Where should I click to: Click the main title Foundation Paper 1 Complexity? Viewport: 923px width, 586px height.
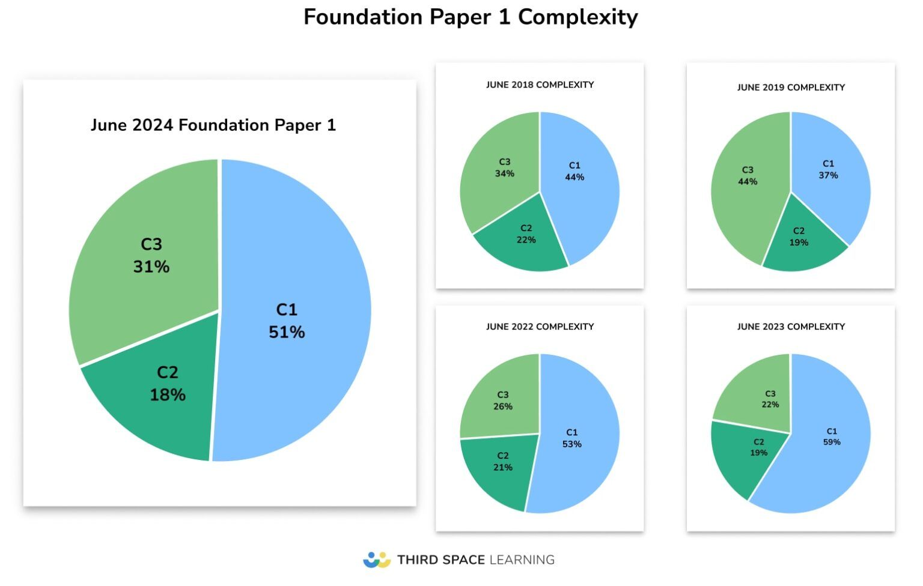pos(470,17)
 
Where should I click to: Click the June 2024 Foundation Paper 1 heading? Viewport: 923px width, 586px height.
pos(213,125)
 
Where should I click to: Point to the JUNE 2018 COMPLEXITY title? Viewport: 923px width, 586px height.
pos(540,85)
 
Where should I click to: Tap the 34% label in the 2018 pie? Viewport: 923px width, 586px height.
pos(504,174)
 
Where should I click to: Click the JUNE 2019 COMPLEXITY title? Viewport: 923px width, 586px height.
pos(791,87)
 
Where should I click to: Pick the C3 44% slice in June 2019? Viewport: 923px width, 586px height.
pos(745,192)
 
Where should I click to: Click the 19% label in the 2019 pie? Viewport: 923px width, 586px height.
pos(799,243)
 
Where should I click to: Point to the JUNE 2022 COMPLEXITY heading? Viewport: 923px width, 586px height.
pos(540,327)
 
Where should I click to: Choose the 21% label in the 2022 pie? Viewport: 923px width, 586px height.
pos(503,467)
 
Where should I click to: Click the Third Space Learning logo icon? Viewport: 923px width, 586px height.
pos(377,560)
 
